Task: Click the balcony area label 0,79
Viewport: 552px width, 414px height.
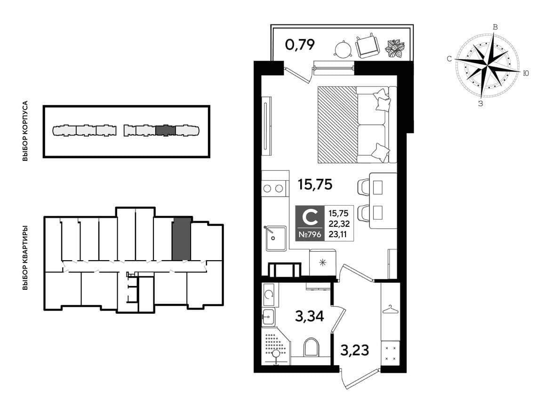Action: (x=300, y=45)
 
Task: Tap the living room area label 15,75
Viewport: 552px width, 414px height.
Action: (x=315, y=184)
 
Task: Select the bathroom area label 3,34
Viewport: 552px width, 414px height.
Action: (x=310, y=316)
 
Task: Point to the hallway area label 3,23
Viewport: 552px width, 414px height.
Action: (x=355, y=350)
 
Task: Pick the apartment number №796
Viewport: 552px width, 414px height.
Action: (x=310, y=234)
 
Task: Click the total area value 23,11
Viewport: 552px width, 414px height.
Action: (x=337, y=234)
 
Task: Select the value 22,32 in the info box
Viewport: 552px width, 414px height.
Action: (x=339, y=223)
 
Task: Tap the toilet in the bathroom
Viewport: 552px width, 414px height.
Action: (x=311, y=346)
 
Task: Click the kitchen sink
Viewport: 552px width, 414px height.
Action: (x=276, y=238)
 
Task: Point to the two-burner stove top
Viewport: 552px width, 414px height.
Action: (x=273, y=188)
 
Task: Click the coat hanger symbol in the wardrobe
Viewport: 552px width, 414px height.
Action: (x=390, y=309)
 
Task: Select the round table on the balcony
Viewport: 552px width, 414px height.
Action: (x=343, y=48)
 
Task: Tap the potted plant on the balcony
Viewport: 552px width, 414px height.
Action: (x=395, y=48)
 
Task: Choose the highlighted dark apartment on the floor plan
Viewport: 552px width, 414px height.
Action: (x=182, y=239)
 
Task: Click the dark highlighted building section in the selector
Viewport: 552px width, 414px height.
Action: (x=166, y=130)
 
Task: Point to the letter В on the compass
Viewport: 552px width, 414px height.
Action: (x=495, y=27)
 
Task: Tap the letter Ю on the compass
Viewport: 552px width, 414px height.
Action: (x=526, y=73)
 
